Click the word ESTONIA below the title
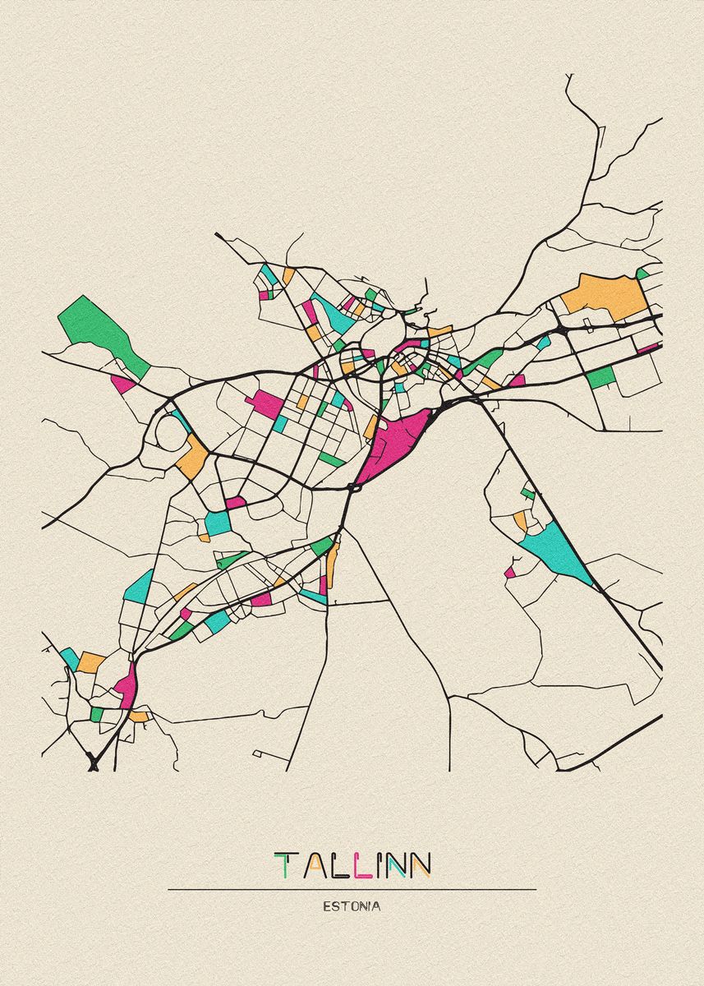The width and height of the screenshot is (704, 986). click(x=352, y=906)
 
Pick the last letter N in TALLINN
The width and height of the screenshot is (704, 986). click(x=420, y=865)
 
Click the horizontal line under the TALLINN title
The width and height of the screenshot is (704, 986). click(x=352, y=889)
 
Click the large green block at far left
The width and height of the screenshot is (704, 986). click(x=99, y=329)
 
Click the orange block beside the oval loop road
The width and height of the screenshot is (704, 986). click(x=193, y=458)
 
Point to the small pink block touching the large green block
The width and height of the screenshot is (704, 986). click(x=123, y=384)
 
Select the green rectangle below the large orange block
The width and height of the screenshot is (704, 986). click(x=601, y=377)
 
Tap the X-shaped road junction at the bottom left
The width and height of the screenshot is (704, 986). click(x=93, y=763)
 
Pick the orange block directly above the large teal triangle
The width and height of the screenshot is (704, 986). click(x=521, y=519)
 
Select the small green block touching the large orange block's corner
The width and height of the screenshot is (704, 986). click(x=642, y=273)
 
